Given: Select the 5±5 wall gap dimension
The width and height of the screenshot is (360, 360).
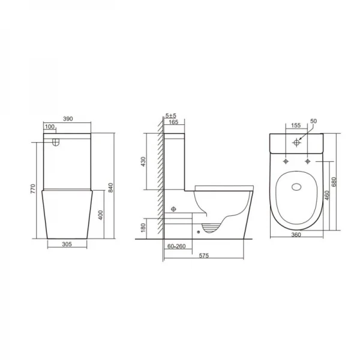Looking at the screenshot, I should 171,115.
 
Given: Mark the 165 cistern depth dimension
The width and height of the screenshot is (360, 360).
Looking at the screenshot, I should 173,122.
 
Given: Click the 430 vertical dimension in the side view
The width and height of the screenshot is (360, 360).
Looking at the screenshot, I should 143,163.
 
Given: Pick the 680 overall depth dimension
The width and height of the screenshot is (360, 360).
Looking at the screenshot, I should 343,181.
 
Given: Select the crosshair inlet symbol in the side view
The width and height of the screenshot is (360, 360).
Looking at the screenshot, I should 174,209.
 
